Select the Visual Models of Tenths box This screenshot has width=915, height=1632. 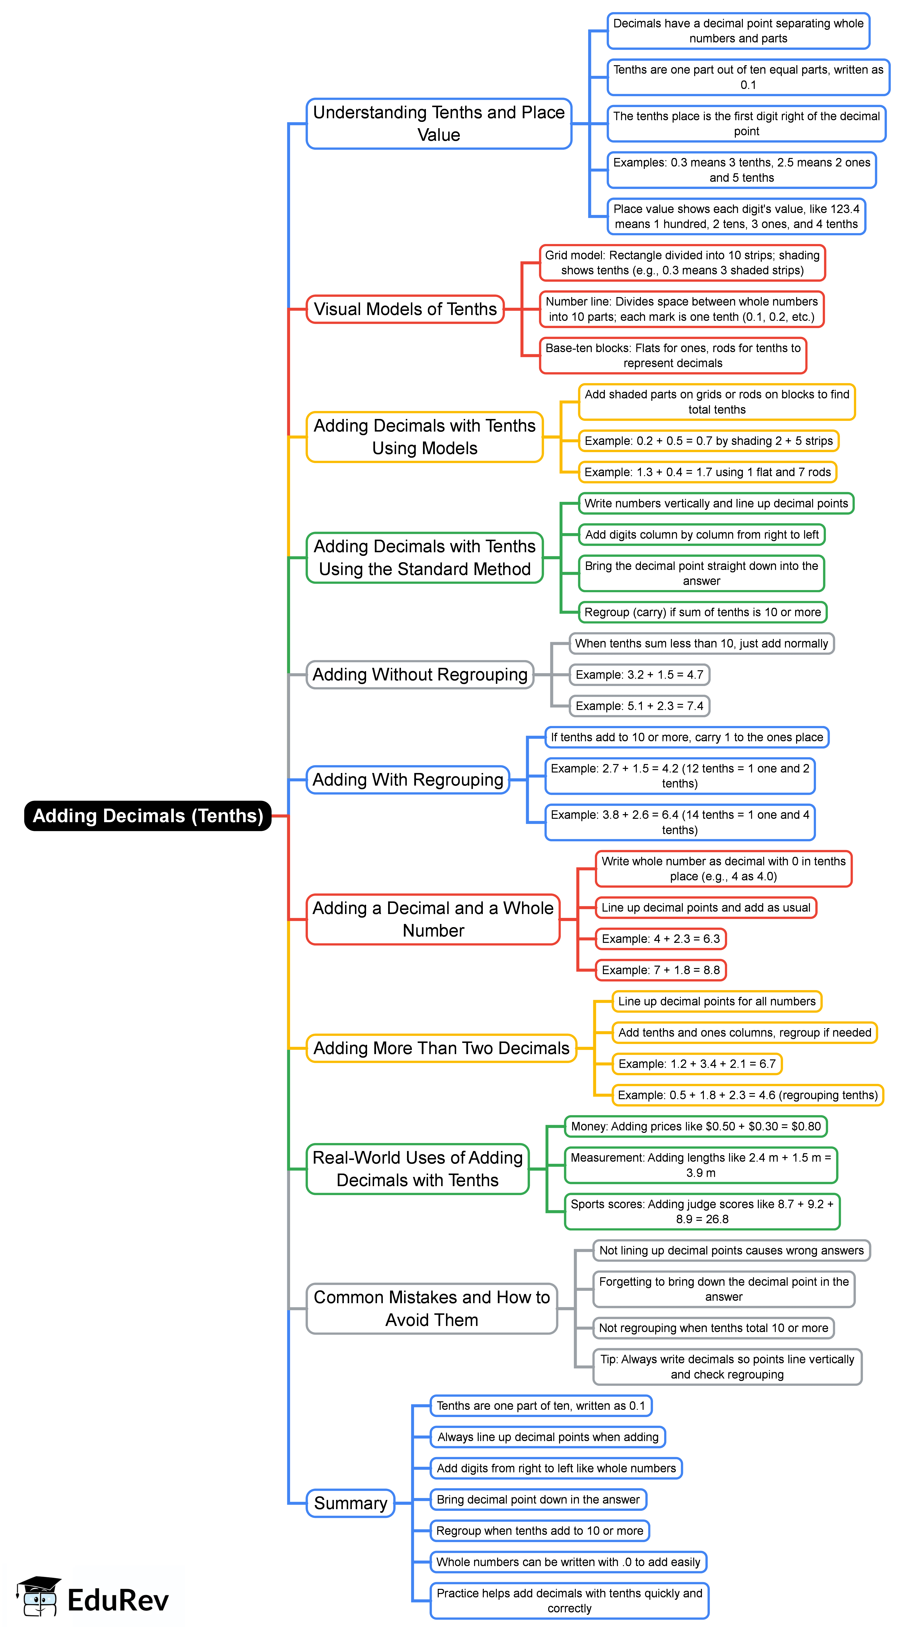[x=405, y=309]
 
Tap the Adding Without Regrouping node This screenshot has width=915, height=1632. [x=420, y=675]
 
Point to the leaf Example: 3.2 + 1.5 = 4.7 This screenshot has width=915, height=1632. [x=639, y=675]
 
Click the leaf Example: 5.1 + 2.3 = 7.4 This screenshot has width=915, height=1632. [x=639, y=706]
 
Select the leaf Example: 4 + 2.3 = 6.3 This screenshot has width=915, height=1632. [x=661, y=939]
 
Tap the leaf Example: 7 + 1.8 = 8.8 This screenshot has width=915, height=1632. [x=661, y=970]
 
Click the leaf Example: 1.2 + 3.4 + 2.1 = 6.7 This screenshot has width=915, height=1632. [x=697, y=1064]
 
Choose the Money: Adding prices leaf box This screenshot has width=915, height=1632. [x=695, y=1127]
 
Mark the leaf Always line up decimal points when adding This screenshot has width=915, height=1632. [x=548, y=1437]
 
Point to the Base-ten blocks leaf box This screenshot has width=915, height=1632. [x=672, y=355]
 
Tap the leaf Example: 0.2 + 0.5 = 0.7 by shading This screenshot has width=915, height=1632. [x=708, y=441]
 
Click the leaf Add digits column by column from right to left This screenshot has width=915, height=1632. [x=702, y=535]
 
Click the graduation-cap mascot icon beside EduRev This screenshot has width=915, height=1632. [x=39, y=1595]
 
